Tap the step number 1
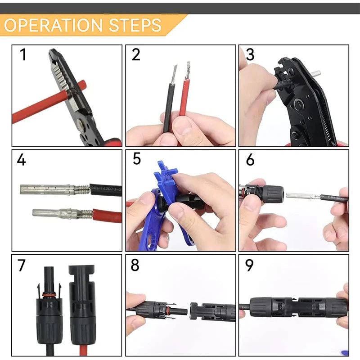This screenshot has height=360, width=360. [23, 55]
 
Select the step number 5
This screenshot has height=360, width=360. [137, 159]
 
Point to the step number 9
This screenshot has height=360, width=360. [249, 265]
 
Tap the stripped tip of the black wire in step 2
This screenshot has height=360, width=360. [173, 74]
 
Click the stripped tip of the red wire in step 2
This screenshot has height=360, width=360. [187, 71]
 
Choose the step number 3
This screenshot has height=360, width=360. [250, 55]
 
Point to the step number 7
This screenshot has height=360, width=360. [22, 265]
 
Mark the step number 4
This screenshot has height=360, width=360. [22, 160]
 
